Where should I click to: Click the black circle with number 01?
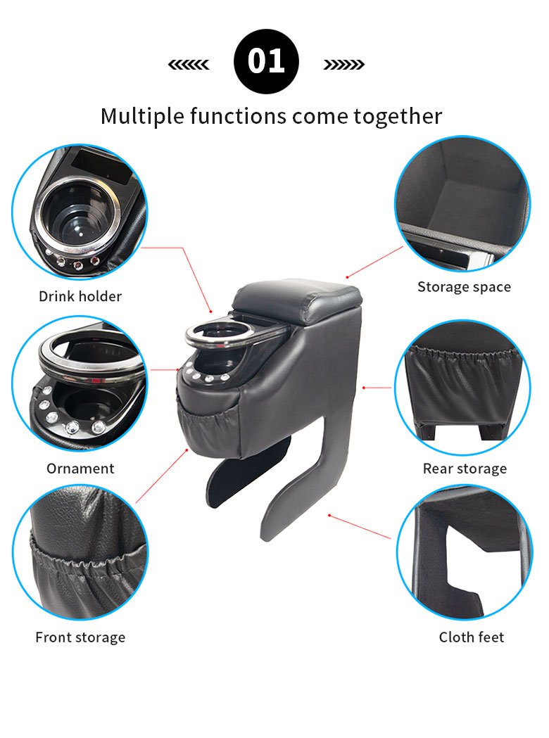[266, 62]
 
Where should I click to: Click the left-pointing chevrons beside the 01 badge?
[189, 65]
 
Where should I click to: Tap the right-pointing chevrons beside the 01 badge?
[343, 65]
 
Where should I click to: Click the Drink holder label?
[80, 296]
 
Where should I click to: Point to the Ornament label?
[80, 469]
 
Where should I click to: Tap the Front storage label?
[80, 637]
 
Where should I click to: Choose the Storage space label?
[464, 286]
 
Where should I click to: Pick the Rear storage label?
[465, 469]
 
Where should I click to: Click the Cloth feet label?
[472, 637]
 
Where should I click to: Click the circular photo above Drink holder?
[80, 213]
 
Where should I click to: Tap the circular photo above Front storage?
[80, 551]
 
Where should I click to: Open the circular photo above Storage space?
[462, 204]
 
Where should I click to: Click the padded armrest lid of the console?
[297, 301]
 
